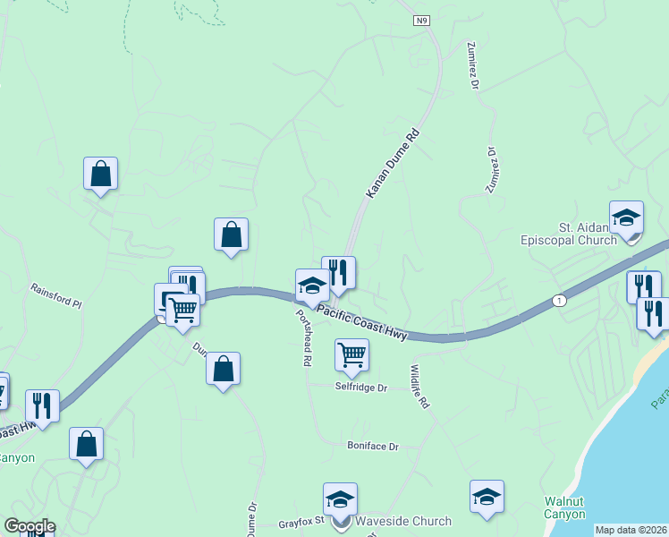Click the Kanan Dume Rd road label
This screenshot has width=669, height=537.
pos(393,164)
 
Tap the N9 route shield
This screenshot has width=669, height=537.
pos(422,20)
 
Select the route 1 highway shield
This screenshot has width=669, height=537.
pos(559,299)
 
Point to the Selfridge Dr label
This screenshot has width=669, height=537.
pos(360,388)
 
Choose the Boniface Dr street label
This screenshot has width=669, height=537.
pos(372,445)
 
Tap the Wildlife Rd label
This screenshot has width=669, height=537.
pos(419,387)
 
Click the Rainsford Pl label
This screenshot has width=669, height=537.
pos(55,296)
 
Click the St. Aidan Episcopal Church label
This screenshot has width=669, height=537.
pos(569,234)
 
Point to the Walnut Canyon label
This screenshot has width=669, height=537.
pos(564,507)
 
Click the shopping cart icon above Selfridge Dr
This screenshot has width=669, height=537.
pos(351,354)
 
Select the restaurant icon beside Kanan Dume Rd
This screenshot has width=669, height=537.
pos(338,273)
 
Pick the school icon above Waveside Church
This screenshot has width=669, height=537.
pos(340,499)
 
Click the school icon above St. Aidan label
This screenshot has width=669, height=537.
pos(626,217)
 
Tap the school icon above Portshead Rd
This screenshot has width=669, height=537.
pos(312,286)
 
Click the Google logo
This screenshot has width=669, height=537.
pos(30,526)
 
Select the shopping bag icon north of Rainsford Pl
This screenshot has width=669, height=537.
pos(100,174)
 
